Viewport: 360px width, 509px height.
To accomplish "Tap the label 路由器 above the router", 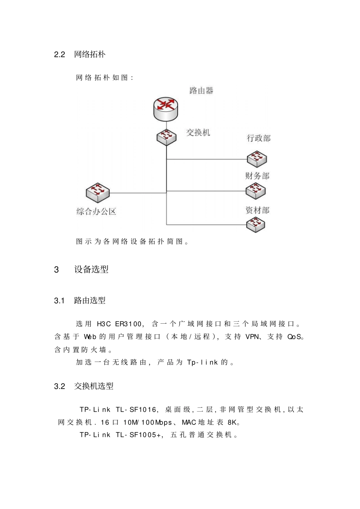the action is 201,91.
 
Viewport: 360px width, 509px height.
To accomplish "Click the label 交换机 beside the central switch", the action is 198,132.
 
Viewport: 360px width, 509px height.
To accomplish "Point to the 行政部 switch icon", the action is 257,158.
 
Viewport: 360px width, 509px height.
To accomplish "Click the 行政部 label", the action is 259,138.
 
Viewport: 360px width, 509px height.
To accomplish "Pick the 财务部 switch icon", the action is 255,191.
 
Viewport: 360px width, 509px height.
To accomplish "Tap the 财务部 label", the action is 257,176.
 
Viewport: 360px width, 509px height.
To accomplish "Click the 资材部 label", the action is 257,210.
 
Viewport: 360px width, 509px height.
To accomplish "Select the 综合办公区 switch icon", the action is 98,192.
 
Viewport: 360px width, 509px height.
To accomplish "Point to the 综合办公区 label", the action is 96,211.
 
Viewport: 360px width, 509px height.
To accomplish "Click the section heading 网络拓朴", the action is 90,55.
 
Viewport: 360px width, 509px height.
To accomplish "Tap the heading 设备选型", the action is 91,269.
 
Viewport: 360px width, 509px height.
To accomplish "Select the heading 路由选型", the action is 90,301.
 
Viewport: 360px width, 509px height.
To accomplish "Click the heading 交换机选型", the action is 94,386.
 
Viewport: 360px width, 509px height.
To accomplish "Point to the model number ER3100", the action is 128,324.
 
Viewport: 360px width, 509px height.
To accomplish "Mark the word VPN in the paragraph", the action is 253,337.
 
